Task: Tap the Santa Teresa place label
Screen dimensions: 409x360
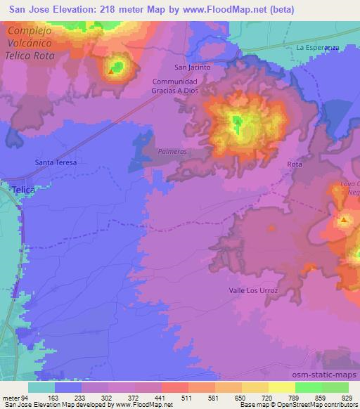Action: pyautogui.click(x=56, y=162)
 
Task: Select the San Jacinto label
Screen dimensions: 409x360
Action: pyautogui.click(x=192, y=67)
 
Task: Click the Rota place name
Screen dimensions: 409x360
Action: pyautogui.click(x=295, y=164)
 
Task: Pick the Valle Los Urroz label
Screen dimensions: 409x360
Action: pyautogui.click(x=254, y=290)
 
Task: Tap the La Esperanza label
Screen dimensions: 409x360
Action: pyautogui.click(x=318, y=48)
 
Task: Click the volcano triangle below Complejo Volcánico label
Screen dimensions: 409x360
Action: pyautogui.click(x=110, y=70)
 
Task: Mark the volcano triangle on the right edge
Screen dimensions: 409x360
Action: pyautogui.click(x=344, y=221)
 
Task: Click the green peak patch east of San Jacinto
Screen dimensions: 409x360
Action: pyautogui.click(x=237, y=123)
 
